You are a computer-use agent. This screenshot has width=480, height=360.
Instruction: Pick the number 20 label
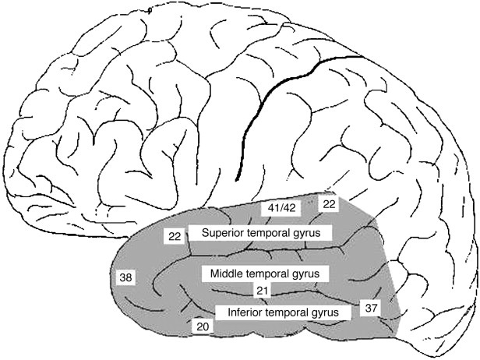tap(202, 327)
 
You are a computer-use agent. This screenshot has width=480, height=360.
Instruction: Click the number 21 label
tap(263, 290)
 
